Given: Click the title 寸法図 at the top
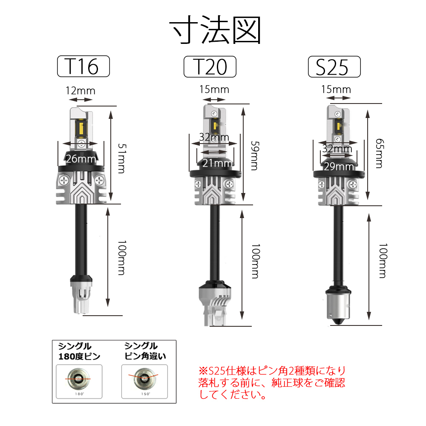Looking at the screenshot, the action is pos(215,30).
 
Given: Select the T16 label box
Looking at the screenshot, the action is pos(83,66).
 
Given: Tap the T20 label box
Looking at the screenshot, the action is pos(210,67).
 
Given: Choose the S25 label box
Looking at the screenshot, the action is pos(334,67).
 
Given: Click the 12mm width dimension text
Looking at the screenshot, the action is pos(81,91).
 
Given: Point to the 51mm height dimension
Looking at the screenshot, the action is pos(122,158).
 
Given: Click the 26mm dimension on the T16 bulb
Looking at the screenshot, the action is pos(81,158).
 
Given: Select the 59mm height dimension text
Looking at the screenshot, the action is pos(255,155).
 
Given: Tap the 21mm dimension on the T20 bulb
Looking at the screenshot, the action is pos(217,163).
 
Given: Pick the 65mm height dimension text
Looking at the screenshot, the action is pos(380,153).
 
